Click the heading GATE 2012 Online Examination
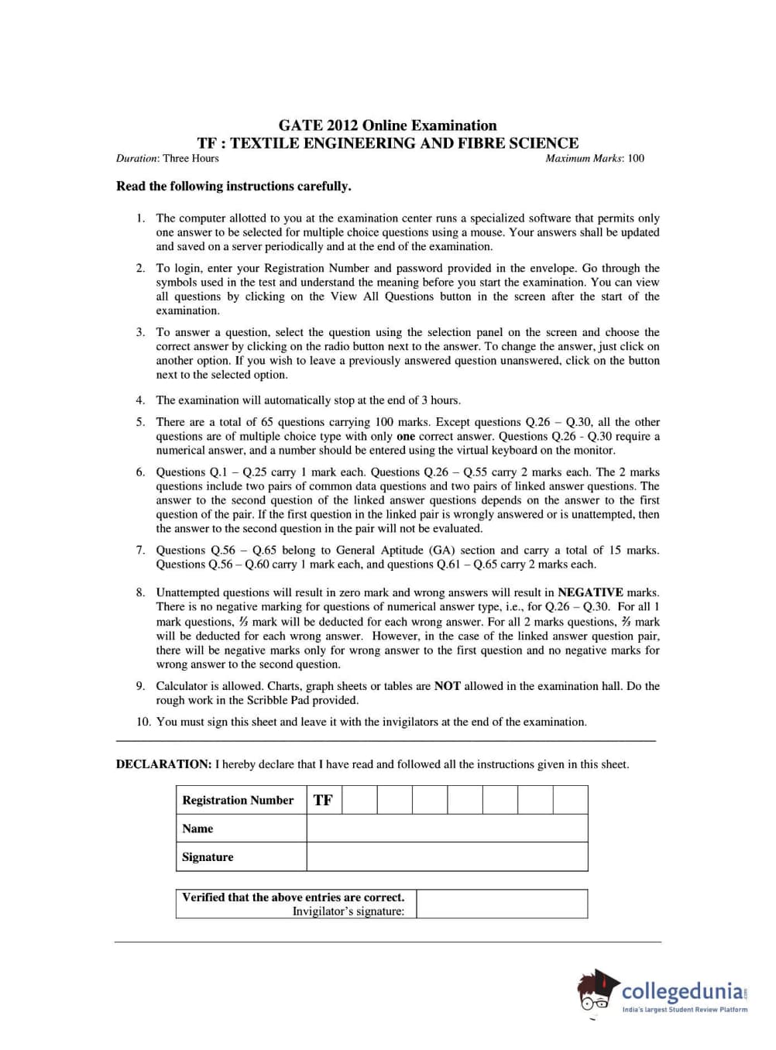click(x=387, y=125)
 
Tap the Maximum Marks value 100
click(x=636, y=159)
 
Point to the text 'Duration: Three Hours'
click(x=167, y=159)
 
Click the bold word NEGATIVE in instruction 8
click(x=590, y=592)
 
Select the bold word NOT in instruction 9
click(x=447, y=686)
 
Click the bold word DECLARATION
click(x=163, y=764)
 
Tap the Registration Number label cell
click(x=238, y=800)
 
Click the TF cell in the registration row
click(x=323, y=800)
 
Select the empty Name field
click(x=447, y=829)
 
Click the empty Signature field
click(x=447, y=857)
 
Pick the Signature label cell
click(x=208, y=857)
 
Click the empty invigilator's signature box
click(x=501, y=904)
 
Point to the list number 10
click(x=143, y=722)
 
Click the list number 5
click(x=140, y=422)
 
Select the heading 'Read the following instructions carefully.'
click(x=233, y=187)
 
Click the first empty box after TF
click(x=359, y=800)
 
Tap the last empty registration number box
click(x=570, y=800)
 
